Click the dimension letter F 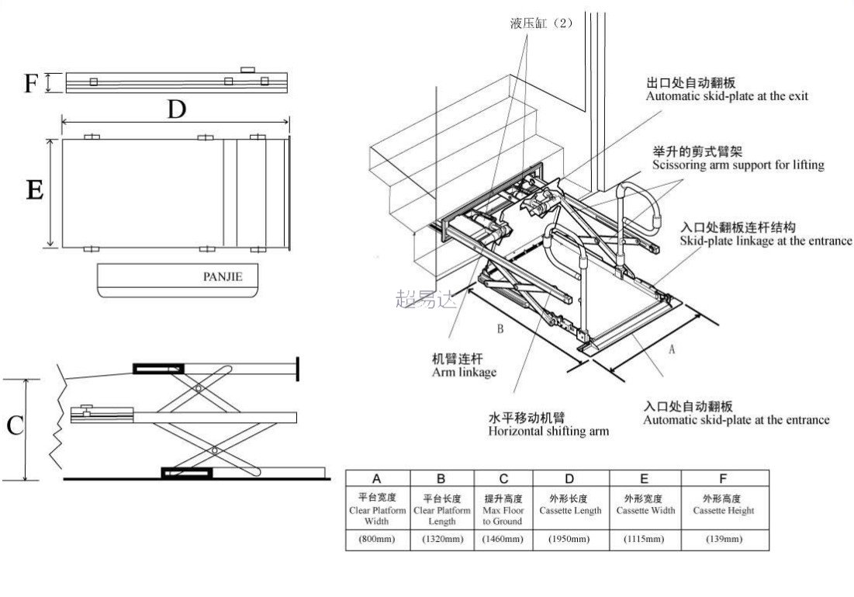30,82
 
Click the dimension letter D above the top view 177,110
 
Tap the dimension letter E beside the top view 34,190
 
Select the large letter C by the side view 15,426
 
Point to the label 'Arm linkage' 464,373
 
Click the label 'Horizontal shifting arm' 548,431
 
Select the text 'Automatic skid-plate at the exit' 727,96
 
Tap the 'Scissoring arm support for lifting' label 738,165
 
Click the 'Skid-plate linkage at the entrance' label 766,241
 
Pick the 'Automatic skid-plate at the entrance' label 735,420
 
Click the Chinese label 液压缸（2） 541,23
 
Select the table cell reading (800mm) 377,539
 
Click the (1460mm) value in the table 503,539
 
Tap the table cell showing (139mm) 723,539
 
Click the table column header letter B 441,479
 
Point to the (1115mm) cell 644,539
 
